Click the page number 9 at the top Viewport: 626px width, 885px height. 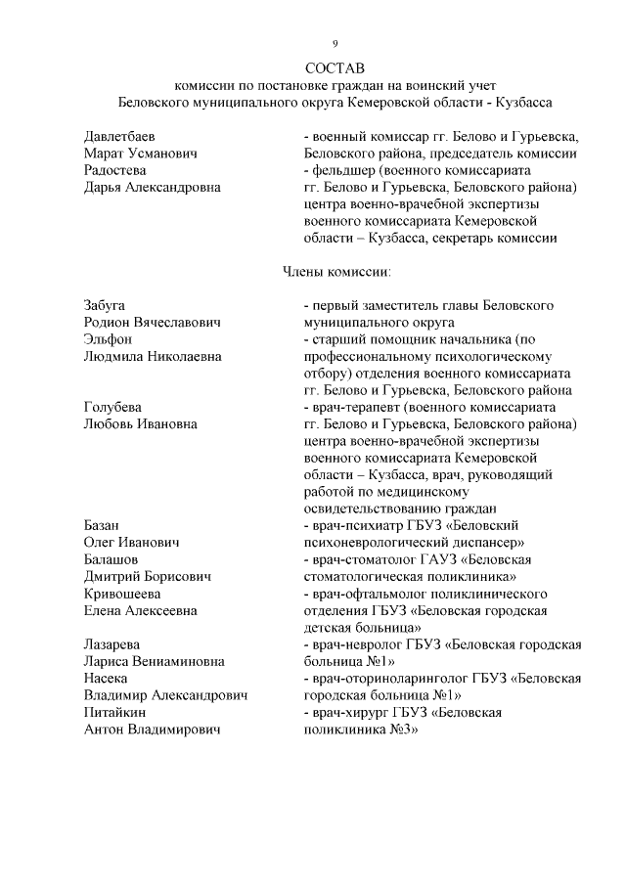[335, 44]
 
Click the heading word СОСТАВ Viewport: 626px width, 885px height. [334, 68]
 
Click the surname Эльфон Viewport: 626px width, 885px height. [108, 338]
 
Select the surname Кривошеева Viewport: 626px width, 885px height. [123, 594]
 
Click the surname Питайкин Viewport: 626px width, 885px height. [114, 713]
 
